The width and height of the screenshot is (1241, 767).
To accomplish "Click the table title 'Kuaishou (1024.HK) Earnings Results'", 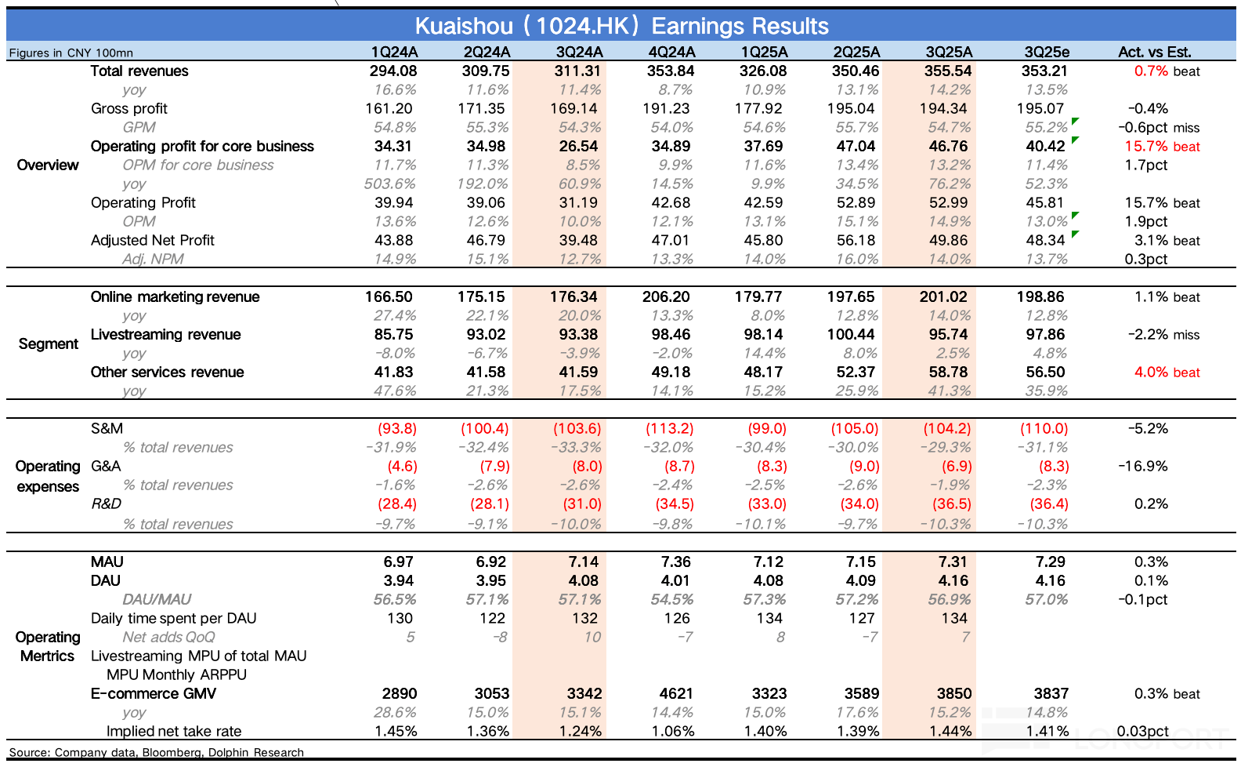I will [621, 26].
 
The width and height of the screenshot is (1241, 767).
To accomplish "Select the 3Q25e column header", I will [1047, 52].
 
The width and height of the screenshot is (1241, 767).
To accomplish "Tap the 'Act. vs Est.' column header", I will [1154, 52].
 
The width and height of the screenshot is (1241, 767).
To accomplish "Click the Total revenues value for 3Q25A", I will [948, 71].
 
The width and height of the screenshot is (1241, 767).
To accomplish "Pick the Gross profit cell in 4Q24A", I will [671, 108].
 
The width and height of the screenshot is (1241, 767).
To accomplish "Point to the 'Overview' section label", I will [48, 165].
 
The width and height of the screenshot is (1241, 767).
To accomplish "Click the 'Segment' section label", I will [49, 344].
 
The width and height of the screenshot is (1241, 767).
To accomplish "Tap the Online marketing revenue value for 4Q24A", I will [666, 296].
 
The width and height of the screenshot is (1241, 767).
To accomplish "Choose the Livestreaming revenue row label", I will [165, 334].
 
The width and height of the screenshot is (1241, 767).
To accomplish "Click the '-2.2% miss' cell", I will [1163, 334].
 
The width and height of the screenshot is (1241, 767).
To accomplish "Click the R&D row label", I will [106, 503].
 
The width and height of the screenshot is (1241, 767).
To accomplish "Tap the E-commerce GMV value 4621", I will [675, 693].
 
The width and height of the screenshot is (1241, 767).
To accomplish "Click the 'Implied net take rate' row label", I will [174, 731].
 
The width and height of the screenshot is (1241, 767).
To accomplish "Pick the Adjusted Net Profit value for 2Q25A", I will [857, 240].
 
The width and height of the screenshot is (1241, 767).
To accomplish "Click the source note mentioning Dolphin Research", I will [156, 752].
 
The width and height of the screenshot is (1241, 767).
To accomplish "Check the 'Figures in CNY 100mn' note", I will [71, 53].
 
